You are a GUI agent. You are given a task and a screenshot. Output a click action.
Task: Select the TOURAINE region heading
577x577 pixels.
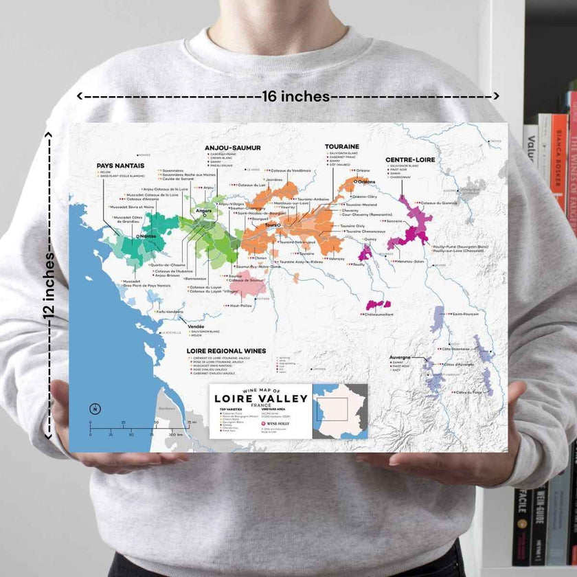[x=342, y=147]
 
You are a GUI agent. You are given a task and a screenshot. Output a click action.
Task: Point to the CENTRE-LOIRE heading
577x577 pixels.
[x=411, y=160]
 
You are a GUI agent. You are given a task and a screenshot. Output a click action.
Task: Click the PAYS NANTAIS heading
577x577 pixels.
[x=119, y=166]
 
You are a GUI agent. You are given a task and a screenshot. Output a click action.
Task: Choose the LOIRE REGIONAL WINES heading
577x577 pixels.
[x=227, y=350]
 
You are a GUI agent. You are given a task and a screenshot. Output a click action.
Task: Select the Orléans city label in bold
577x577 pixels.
[x=365, y=181]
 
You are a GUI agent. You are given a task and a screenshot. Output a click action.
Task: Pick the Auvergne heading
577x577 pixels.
[x=400, y=357]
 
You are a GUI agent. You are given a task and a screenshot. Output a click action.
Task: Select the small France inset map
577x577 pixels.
[x=340, y=411]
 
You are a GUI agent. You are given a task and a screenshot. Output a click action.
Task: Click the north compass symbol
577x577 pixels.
[x=91, y=409]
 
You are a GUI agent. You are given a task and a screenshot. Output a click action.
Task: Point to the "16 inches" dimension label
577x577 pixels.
[x=296, y=96]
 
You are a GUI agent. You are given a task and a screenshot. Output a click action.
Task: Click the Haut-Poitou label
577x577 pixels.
[x=242, y=306]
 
